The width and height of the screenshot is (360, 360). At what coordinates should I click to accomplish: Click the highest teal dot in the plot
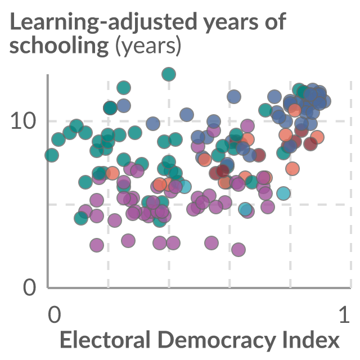pyautogui.click(x=169, y=74)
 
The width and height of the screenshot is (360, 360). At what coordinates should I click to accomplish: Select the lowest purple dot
pyautogui.click(x=238, y=250)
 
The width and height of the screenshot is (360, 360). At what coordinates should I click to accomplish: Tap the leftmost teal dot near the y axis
pyautogui.click(x=52, y=155)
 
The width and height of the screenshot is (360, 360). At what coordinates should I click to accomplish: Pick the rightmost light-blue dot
pyautogui.click(x=283, y=193)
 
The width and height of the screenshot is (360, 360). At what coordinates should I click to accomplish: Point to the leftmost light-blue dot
pyautogui.click(x=184, y=186)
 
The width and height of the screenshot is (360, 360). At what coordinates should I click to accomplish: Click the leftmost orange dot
pyautogui.click(x=112, y=173)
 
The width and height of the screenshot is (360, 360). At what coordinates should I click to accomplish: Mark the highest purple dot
pyautogui.click(x=247, y=126)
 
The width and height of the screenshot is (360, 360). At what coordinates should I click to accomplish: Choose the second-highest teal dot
pyautogui.click(x=124, y=88)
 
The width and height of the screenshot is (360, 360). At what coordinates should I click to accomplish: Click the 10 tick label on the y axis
pyautogui.click(x=24, y=121)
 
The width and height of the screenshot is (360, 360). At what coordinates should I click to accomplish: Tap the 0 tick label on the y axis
pyautogui.click(x=30, y=287)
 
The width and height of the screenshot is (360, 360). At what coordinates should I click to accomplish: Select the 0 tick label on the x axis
pyautogui.click(x=55, y=314)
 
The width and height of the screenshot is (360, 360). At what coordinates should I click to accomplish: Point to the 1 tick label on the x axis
pyautogui.click(x=344, y=314)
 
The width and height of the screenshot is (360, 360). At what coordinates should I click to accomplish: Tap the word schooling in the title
pyautogui.click(x=59, y=46)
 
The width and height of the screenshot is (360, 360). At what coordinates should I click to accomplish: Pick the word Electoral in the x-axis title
pyautogui.click(x=105, y=340)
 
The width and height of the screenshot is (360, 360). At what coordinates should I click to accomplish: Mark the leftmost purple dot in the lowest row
pyautogui.click(x=97, y=245)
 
